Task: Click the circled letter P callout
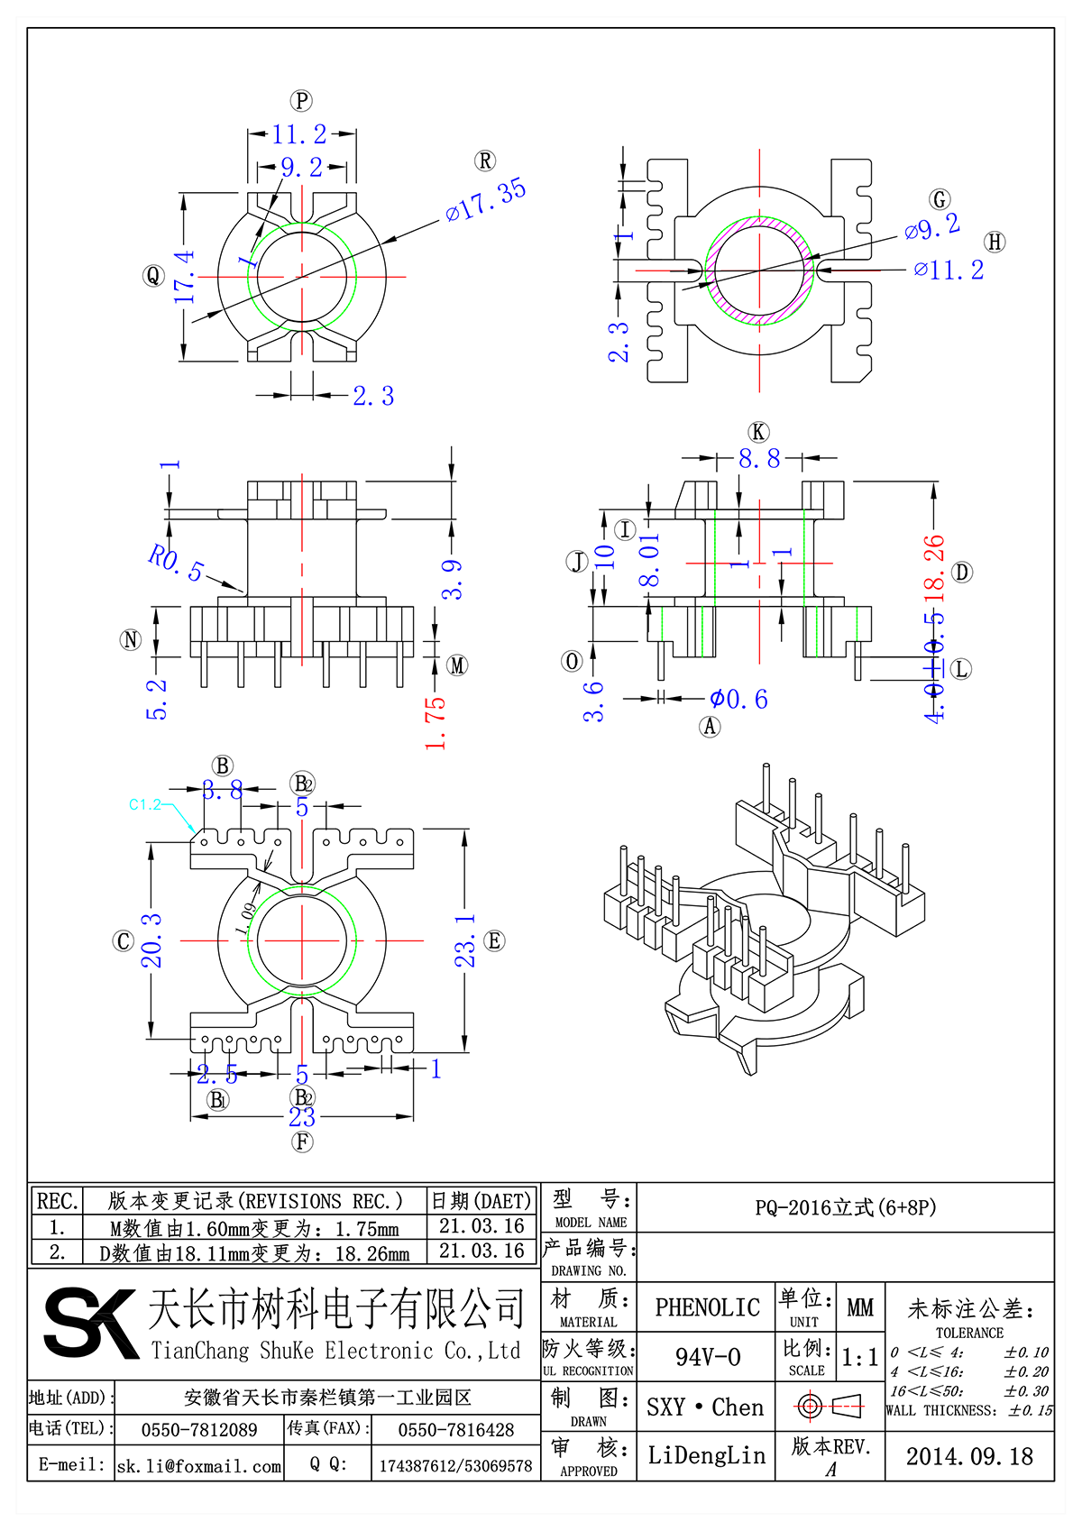[301, 101]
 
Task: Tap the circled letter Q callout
[153, 276]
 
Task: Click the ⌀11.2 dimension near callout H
[949, 270]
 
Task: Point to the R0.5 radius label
[176, 562]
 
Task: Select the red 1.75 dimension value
[436, 721]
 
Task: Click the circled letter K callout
[758, 432]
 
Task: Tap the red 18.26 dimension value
[934, 568]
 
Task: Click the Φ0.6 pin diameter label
[738, 699]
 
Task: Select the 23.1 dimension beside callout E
[464, 940]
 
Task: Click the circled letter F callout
[302, 1141]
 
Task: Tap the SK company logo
[90, 1322]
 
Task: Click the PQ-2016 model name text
[845, 1207]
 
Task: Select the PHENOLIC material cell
[707, 1307]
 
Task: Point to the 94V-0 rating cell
[707, 1357]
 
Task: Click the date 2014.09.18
[969, 1456]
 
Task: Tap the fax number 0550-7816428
[455, 1430]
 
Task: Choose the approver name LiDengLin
[706, 1455]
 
